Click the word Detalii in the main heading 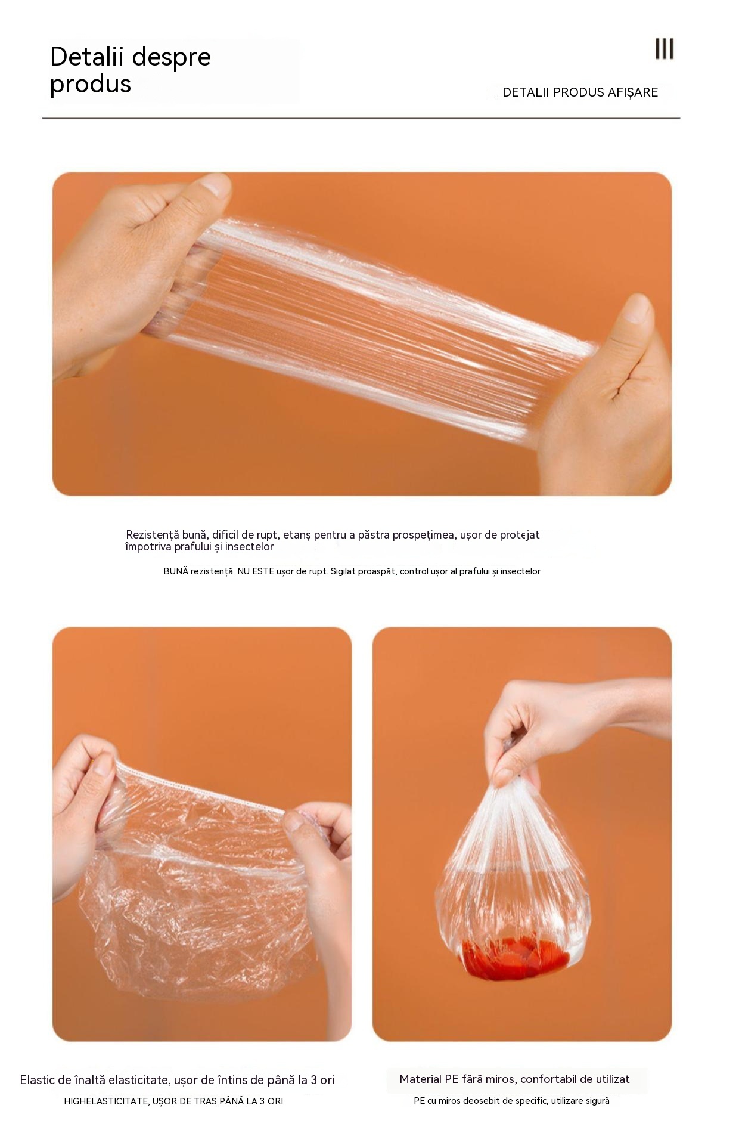click(87, 57)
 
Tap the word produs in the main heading click(91, 85)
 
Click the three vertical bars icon click(665, 49)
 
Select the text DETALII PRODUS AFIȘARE click(580, 92)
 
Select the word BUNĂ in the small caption click(176, 571)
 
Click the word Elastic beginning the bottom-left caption click(38, 1080)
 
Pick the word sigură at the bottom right click(597, 1101)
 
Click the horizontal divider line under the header click(361, 118)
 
